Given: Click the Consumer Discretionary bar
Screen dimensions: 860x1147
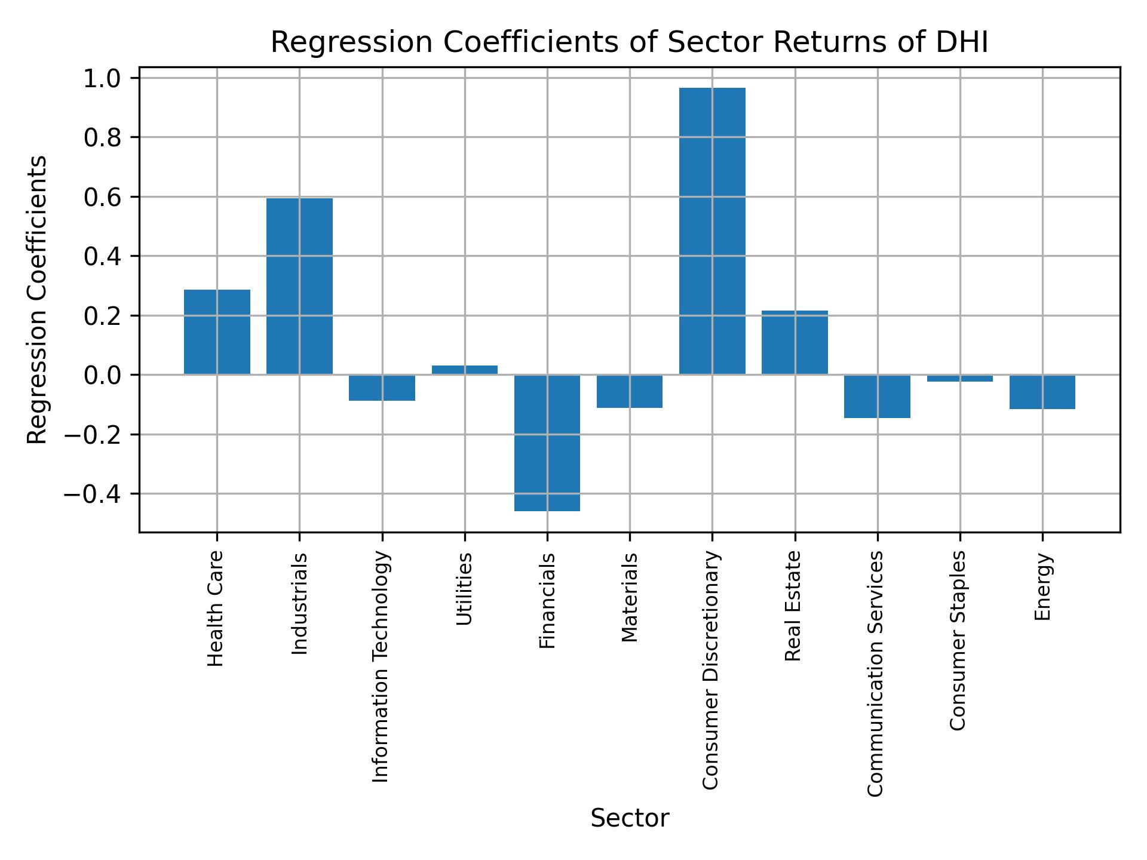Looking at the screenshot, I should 712,231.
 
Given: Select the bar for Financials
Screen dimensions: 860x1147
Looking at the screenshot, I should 547,443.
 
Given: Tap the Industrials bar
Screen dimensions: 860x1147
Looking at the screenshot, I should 299,286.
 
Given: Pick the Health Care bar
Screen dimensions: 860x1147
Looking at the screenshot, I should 217,332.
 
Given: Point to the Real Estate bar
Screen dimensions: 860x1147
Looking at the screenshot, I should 795,342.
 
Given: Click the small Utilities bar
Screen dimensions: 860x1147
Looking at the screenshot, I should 465,370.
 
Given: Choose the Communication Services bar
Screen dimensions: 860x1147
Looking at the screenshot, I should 877,396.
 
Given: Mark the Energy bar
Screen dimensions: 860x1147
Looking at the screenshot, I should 1042,392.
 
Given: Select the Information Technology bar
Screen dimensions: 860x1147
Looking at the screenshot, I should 382,388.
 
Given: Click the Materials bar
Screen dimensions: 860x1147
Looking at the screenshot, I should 630,391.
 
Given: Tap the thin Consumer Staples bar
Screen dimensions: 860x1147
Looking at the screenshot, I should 959,378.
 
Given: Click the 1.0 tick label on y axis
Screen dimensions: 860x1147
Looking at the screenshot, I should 102,79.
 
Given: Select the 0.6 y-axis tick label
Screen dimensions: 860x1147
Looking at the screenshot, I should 102,197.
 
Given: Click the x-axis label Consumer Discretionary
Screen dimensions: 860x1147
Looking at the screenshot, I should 711,669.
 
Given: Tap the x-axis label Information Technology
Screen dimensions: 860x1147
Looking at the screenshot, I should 381,666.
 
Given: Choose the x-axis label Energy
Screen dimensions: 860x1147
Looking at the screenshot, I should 1042,586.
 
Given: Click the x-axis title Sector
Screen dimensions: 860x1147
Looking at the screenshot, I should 630,818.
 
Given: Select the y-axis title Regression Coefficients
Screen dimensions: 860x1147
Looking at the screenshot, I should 38,299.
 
